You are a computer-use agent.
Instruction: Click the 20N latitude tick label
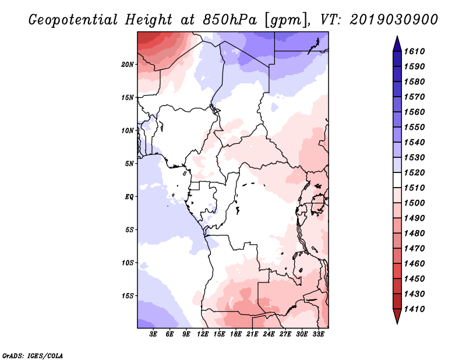click(x=128, y=65)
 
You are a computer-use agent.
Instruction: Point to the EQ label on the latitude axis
click(x=129, y=197)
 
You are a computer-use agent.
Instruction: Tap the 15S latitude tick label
click(x=128, y=296)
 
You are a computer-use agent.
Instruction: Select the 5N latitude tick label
click(x=129, y=164)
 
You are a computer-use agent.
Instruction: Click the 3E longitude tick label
click(x=153, y=334)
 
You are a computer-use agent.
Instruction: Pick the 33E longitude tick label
click(x=318, y=334)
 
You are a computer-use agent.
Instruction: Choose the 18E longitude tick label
click(x=236, y=334)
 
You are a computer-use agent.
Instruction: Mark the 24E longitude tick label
click(x=269, y=334)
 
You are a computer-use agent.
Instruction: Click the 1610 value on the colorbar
click(x=414, y=51)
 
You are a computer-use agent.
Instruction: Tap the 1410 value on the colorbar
click(x=414, y=309)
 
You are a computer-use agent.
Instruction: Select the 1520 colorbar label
click(x=414, y=172)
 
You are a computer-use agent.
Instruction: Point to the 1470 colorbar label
click(x=414, y=249)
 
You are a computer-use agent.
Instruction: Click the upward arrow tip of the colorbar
click(x=397, y=36)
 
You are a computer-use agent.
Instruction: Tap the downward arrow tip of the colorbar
click(x=397, y=323)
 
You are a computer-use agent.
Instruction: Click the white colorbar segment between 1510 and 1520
click(x=397, y=180)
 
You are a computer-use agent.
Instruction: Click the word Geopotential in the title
click(x=73, y=20)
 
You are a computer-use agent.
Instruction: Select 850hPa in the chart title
click(x=230, y=20)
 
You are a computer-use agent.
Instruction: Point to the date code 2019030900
click(x=394, y=20)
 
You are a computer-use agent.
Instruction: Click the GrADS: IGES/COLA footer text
click(x=33, y=356)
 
